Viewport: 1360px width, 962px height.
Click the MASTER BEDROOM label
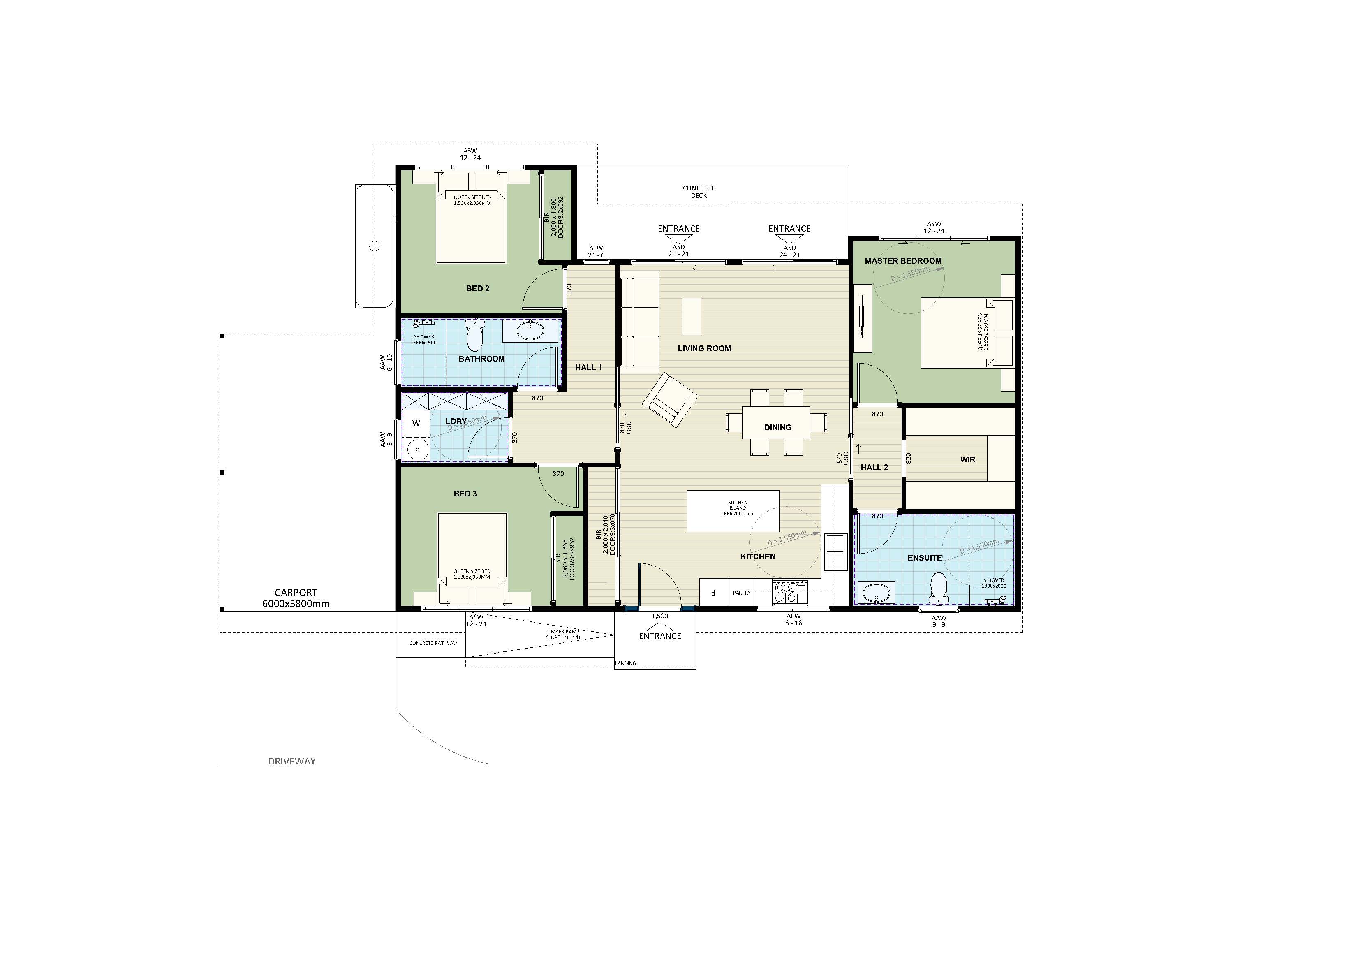pyautogui.click(x=903, y=261)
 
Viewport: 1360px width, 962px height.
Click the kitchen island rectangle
pyautogui.click(x=733, y=510)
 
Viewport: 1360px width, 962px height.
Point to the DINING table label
pyautogui.click(x=777, y=427)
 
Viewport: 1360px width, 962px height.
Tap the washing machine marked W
pyautogui.click(x=416, y=423)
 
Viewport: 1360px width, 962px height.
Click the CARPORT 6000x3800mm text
pyautogui.click(x=296, y=598)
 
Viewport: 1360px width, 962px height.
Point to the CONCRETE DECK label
pyautogui.click(x=699, y=191)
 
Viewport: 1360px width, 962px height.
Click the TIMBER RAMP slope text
pyautogui.click(x=563, y=634)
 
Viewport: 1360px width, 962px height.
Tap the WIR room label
pyautogui.click(x=967, y=459)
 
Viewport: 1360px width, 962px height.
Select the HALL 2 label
pyautogui.click(x=874, y=467)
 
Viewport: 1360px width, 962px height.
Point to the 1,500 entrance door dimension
pyautogui.click(x=659, y=616)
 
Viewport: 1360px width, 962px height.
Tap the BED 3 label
pyautogui.click(x=465, y=494)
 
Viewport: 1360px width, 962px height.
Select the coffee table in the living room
pyautogui.click(x=691, y=316)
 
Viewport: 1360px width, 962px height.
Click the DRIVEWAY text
pyautogui.click(x=291, y=761)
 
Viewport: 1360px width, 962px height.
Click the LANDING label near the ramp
pyautogui.click(x=626, y=663)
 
